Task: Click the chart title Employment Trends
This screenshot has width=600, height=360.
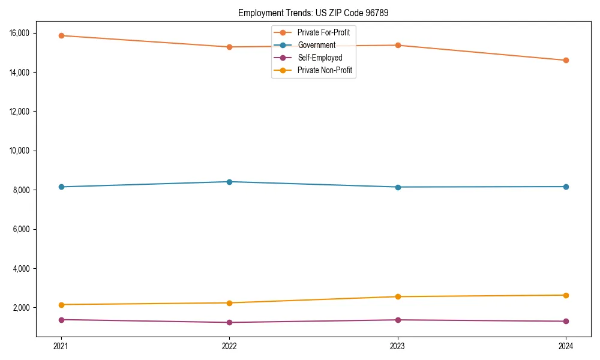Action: [x=313, y=13]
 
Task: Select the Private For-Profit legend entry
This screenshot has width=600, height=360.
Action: [x=323, y=32]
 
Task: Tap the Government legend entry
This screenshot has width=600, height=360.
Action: [x=316, y=45]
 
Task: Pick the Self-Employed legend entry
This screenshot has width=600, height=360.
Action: [x=319, y=58]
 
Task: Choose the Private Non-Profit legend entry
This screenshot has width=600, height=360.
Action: [x=324, y=70]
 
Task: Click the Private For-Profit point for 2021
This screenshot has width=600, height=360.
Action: [x=61, y=35]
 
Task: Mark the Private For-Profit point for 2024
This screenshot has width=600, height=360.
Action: [x=566, y=60]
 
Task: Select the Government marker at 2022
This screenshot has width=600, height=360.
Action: [x=229, y=182]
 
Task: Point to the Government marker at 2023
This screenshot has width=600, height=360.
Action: [x=398, y=187]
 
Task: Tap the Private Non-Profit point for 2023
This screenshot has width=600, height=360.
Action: [x=398, y=296]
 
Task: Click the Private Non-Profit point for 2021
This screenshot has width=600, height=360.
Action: [x=61, y=305]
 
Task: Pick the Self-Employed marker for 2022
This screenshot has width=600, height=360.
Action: [x=229, y=322]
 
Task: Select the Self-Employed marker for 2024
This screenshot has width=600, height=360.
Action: [x=566, y=321]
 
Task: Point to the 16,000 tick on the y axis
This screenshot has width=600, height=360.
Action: [x=19, y=33]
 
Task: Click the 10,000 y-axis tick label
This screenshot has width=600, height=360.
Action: [x=19, y=151]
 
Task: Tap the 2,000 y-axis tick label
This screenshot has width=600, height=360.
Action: [x=21, y=308]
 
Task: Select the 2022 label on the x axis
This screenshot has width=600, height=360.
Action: [x=229, y=346]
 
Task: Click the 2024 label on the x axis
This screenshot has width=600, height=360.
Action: [x=566, y=346]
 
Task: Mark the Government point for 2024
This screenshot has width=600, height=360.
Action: [x=566, y=187]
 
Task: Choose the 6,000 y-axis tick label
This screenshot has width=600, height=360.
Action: [x=21, y=229]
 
